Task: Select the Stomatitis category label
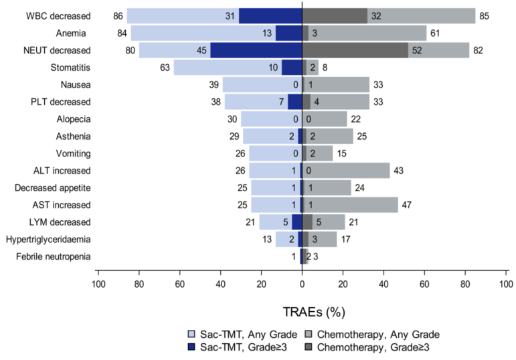tap(70, 67)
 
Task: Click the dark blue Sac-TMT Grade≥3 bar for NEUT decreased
tap(256, 50)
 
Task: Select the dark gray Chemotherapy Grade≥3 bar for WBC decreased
tap(335, 15)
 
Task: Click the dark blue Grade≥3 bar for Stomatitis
tap(292, 67)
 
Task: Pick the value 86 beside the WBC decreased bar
tap(117, 15)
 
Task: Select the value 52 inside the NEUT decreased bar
tap(419, 50)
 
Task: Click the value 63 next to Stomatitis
tap(164, 67)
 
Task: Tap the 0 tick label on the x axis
tap(303, 283)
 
